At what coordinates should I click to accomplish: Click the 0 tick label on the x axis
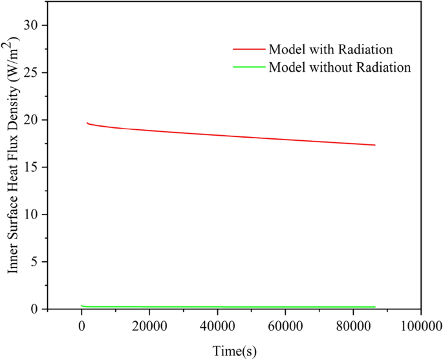(81, 326)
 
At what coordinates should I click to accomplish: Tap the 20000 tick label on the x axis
(149, 326)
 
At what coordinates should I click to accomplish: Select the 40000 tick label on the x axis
(217, 326)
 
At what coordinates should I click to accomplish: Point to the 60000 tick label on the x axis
(285, 326)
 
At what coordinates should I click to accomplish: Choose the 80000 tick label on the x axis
(353, 326)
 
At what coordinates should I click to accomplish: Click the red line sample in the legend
(249, 49)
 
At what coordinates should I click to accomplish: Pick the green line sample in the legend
(249, 67)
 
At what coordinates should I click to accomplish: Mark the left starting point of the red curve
(87, 122)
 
